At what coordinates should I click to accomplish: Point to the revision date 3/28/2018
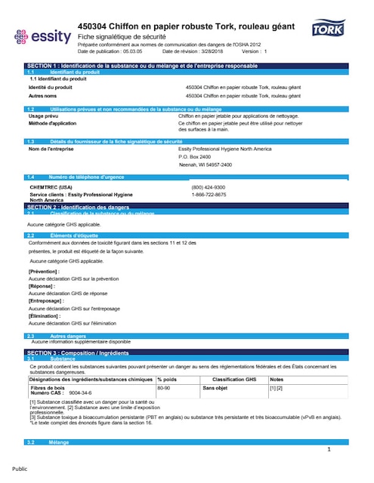(213, 51)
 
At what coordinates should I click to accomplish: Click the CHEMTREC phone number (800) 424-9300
(208, 186)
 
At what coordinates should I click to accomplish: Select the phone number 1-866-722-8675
(208, 194)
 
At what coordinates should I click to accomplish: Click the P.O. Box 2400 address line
(195, 156)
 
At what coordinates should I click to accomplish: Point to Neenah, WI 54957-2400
(205, 165)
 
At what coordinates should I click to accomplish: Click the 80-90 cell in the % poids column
(165, 388)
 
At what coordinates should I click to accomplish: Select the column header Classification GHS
(235, 379)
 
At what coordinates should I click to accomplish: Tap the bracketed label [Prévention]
(46, 271)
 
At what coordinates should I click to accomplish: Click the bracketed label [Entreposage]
(47, 300)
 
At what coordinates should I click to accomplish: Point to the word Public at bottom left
(20, 469)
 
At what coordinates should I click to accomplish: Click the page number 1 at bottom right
(329, 450)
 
